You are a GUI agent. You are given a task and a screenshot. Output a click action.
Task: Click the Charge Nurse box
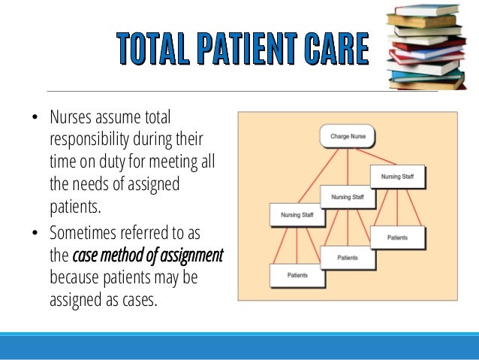point(348,137)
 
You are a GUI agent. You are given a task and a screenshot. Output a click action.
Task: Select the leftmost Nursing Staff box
point(291,215)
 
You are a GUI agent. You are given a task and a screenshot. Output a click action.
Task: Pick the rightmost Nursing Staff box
point(398,177)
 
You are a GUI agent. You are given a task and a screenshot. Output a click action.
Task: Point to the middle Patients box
point(348,257)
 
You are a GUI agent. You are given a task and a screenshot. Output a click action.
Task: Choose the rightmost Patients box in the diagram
point(398,237)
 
